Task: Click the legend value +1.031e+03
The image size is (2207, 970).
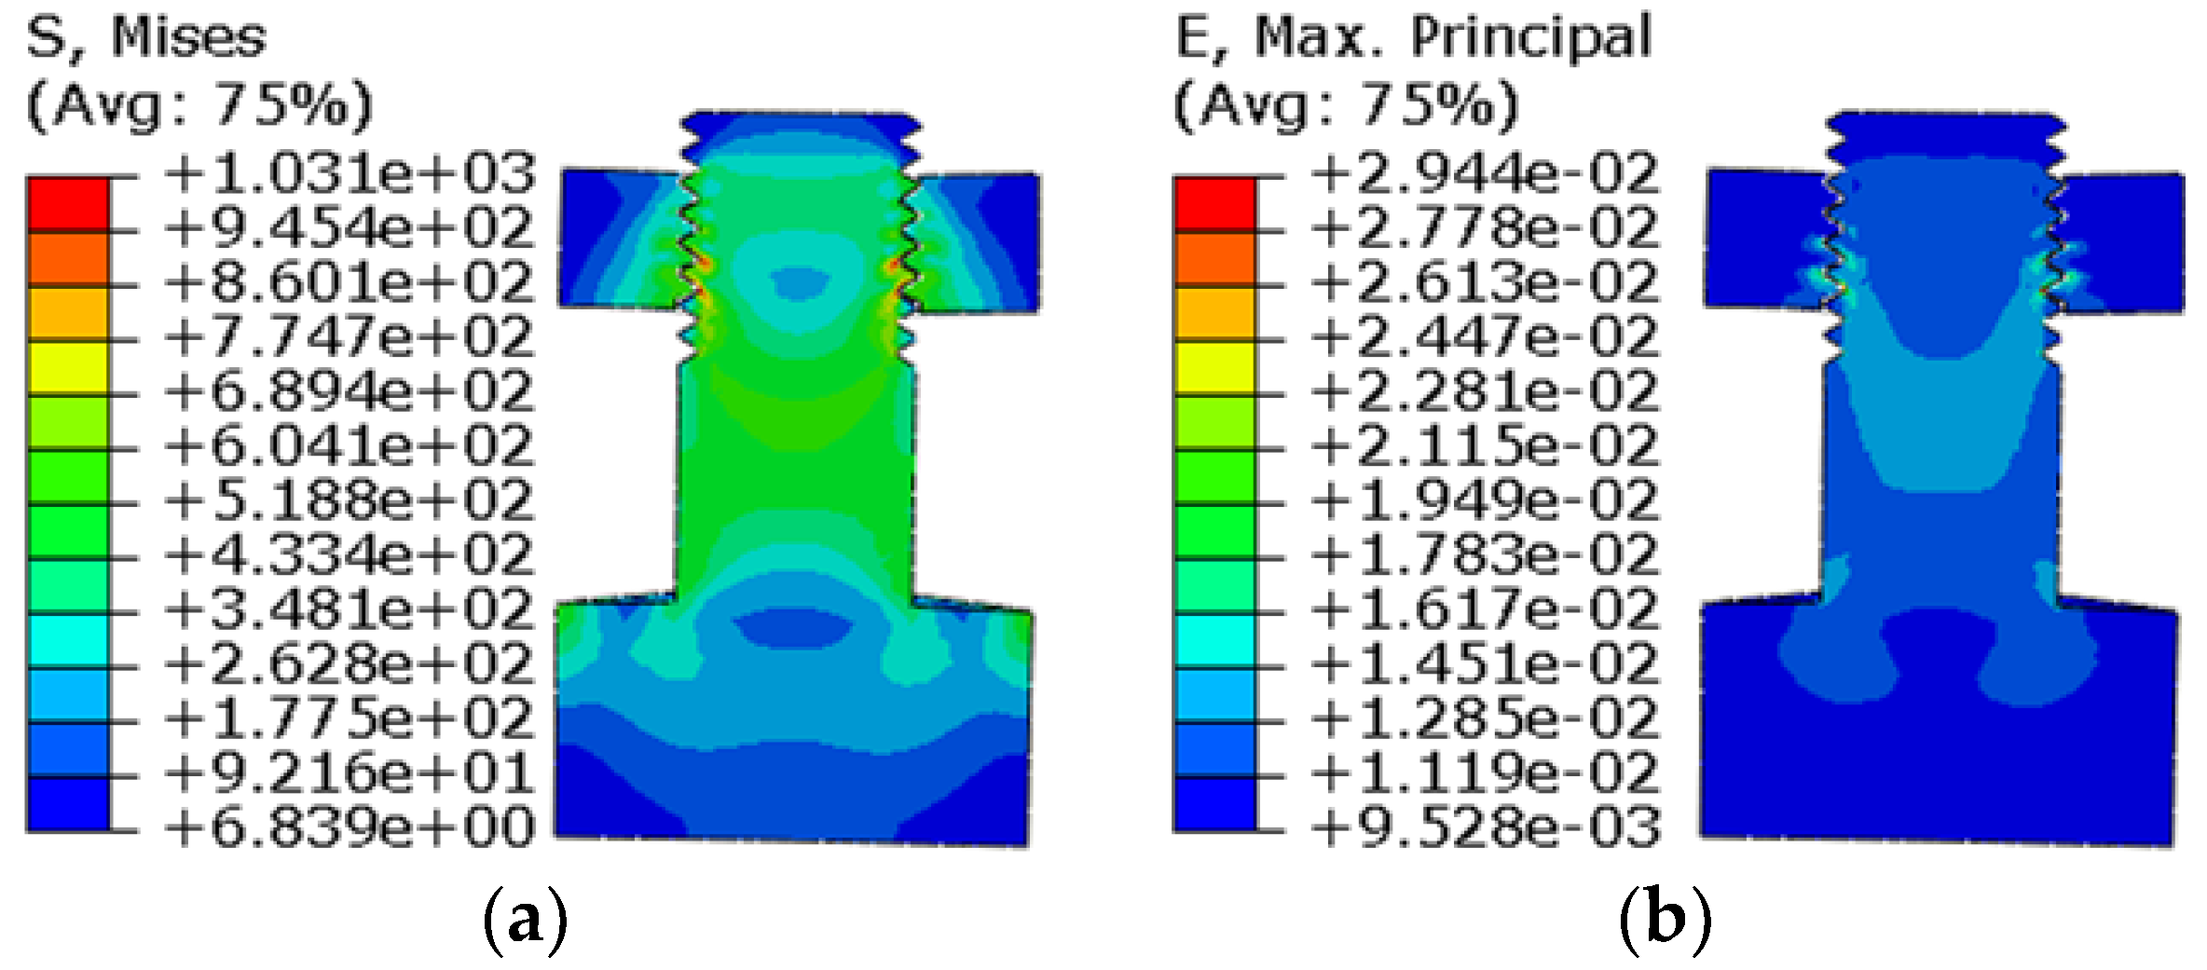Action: click(350, 174)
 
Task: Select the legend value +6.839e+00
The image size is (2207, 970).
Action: click(350, 827)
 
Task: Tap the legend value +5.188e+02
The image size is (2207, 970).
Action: click(350, 501)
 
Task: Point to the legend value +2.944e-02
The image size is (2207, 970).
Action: click(1485, 174)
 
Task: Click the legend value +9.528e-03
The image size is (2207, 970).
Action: click(1485, 827)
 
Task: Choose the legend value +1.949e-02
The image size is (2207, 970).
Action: click(1485, 501)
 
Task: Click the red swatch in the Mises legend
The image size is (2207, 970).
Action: click(68, 204)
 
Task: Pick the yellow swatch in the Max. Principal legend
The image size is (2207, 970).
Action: click(1214, 367)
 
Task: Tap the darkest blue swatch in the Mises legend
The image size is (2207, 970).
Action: click(68, 803)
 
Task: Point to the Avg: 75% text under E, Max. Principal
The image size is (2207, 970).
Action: click(1346, 104)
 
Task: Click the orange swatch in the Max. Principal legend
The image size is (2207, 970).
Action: click(1214, 258)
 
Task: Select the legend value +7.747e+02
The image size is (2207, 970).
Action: click(350, 337)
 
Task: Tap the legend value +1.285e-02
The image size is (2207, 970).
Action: click(1485, 718)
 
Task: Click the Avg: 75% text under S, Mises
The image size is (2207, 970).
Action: click(199, 104)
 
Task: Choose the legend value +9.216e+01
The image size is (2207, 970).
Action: click(350, 773)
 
